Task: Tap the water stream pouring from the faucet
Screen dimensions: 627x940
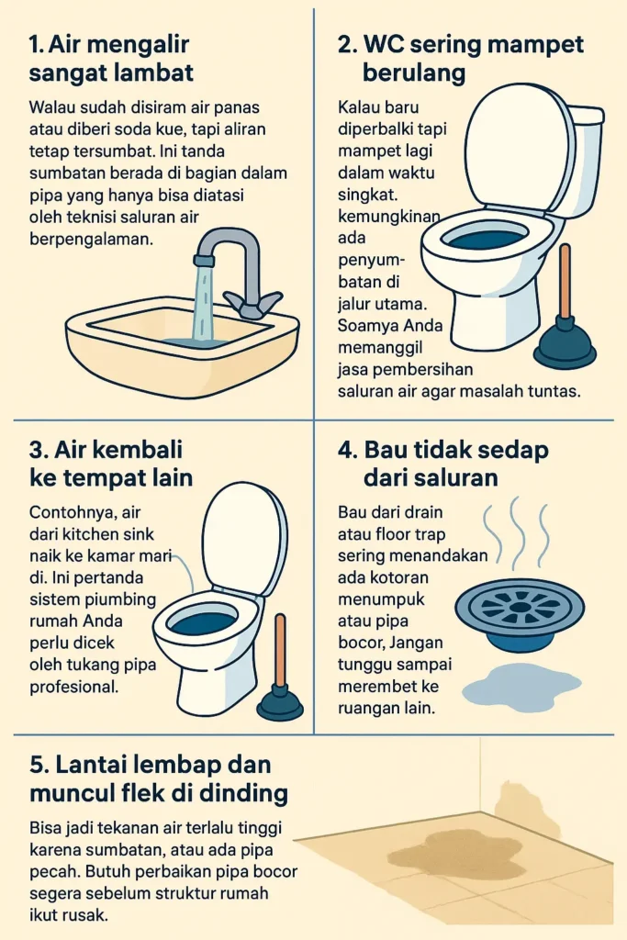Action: point(203,303)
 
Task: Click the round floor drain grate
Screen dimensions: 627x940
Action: point(519,607)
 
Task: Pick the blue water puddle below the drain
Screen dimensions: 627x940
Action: point(521,683)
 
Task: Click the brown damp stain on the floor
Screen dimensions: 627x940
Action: point(454,851)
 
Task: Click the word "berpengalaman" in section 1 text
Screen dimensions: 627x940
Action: point(91,240)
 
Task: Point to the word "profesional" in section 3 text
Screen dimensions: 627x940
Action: point(73,687)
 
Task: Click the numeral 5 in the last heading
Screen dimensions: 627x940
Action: point(37,765)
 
